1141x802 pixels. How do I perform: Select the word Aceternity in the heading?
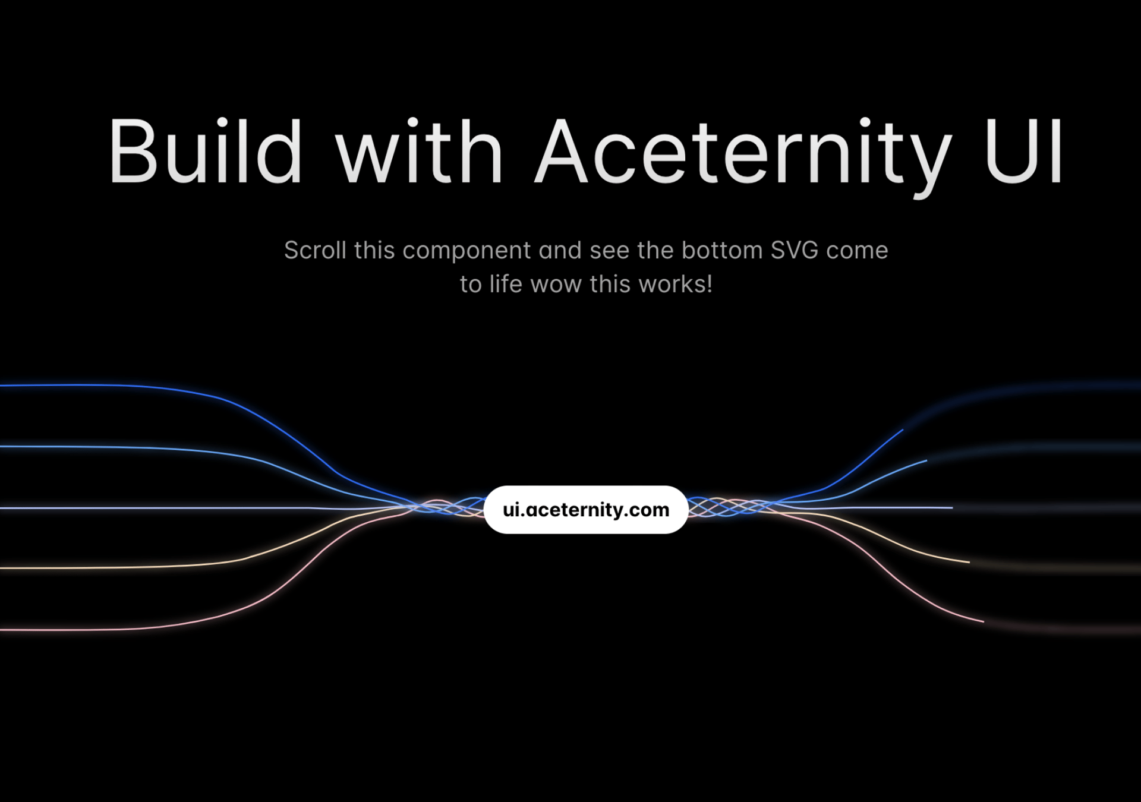(743, 153)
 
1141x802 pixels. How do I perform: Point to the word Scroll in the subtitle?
(315, 250)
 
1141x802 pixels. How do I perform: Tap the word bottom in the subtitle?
(722, 250)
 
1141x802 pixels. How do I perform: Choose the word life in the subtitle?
(506, 285)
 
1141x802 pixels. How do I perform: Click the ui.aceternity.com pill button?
(586, 510)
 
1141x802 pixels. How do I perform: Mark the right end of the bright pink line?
(983, 621)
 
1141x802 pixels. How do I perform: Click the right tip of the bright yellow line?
(969, 561)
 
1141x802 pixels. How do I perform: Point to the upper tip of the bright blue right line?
(902, 430)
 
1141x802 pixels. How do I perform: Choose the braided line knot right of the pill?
(728, 507)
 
